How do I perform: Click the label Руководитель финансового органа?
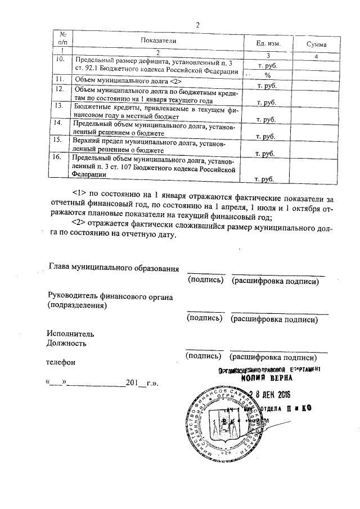110,296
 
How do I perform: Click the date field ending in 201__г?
102,384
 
